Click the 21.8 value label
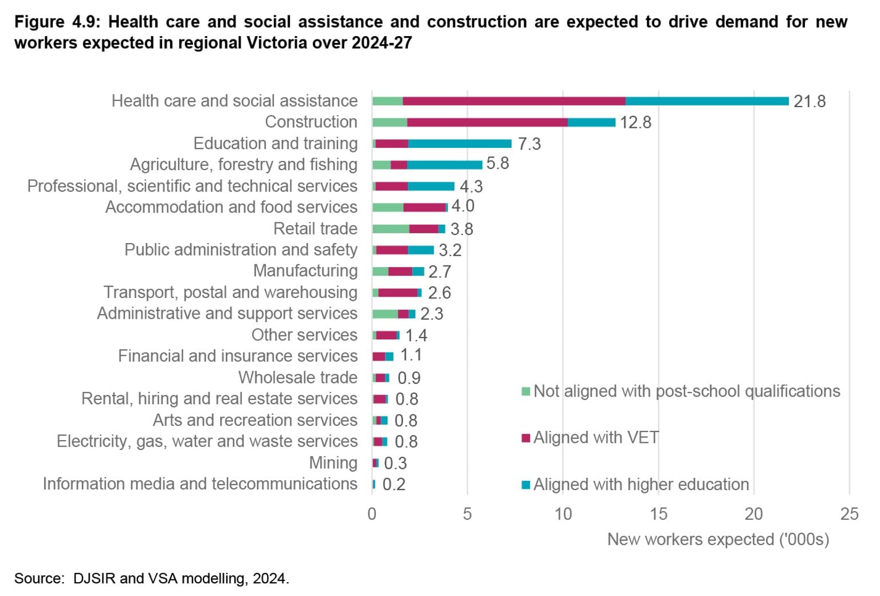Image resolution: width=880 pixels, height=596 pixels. point(809,101)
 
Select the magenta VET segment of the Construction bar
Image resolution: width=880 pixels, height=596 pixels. point(487,122)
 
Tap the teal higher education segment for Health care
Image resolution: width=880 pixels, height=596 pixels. point(706,101)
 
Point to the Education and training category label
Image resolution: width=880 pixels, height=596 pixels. point(275,143)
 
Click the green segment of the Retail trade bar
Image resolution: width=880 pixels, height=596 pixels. point(390,229)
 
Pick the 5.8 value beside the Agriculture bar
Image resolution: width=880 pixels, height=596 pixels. point(497,163)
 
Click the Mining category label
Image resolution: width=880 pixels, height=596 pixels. point(333,462)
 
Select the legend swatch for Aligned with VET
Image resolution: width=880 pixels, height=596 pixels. point(525,438)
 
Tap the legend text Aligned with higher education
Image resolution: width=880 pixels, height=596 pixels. point(641,485)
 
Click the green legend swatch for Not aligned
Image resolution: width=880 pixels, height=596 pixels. point(525,391)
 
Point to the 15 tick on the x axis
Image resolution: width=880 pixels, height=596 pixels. point(658,514)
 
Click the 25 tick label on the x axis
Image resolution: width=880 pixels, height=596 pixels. point(849,514)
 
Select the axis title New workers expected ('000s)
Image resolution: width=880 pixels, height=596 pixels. point(718,539)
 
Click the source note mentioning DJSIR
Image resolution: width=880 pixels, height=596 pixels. point(152,578)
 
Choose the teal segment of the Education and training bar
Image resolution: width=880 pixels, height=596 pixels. point(459,144)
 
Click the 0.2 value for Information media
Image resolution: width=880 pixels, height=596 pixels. point(394,485)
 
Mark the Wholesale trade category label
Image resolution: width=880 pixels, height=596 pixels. point(297,378)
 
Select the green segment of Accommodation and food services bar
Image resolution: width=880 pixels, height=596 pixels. point(387,207)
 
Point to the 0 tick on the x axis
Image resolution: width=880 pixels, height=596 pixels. point(372,514)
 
